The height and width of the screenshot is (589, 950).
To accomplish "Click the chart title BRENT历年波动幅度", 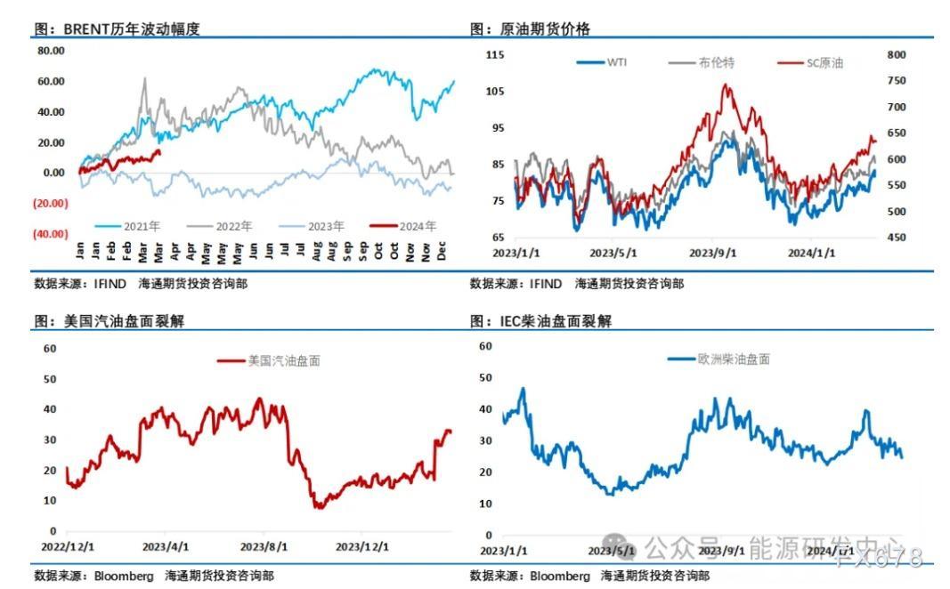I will coord(117,29).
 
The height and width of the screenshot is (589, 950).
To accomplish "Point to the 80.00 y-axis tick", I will coord(51,51).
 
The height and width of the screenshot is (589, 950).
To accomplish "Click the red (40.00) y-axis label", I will coord(50,233).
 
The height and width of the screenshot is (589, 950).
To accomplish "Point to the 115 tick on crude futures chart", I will coord(495,55).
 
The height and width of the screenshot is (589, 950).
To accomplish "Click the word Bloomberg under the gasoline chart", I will coord(124,576).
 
